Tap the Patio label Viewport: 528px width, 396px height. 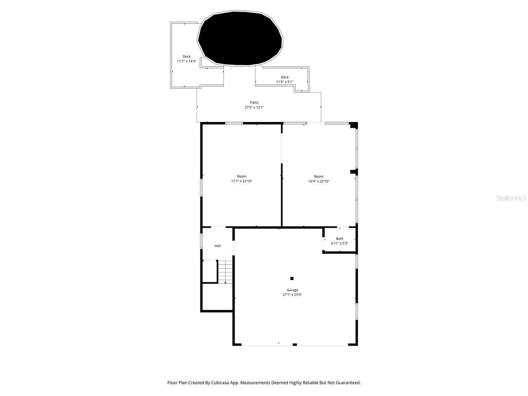254,103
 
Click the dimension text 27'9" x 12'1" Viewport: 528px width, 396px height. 254,108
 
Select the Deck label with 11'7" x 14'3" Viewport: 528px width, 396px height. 186,57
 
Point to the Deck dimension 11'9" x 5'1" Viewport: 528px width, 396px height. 285,82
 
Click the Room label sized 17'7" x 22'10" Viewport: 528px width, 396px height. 241,177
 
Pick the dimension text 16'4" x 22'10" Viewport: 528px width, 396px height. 319,181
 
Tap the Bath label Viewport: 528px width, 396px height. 339,238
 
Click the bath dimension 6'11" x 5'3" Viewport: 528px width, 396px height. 339,243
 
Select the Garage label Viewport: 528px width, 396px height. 292,290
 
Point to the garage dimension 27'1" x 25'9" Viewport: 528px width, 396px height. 292,295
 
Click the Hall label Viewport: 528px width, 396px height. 217,246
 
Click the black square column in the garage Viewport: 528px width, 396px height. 292,278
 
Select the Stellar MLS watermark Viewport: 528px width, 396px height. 511,198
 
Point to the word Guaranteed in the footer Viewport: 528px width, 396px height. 348,383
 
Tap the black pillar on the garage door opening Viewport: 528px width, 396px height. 295,344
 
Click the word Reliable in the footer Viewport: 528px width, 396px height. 311,383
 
